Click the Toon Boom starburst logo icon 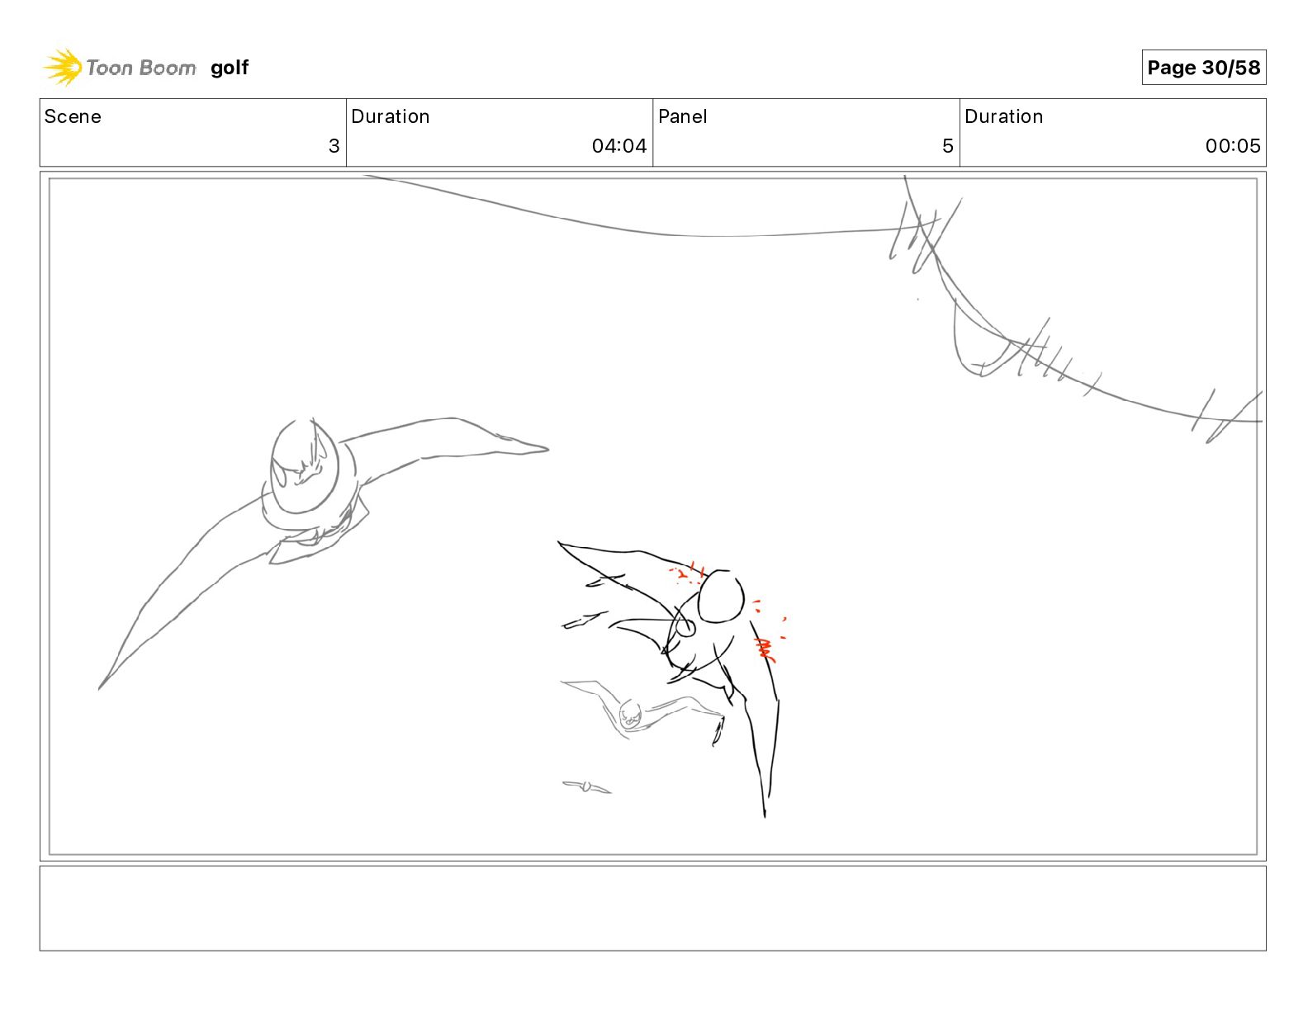63,67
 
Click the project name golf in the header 229,68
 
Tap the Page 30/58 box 1203,68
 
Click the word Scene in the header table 73,116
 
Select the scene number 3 334,146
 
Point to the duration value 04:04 618,146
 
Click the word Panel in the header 682,116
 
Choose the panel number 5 947,146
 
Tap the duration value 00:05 1232,146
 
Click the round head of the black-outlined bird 720,596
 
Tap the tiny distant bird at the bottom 587,786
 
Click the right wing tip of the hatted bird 537,449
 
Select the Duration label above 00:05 1003,116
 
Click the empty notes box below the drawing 652,908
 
